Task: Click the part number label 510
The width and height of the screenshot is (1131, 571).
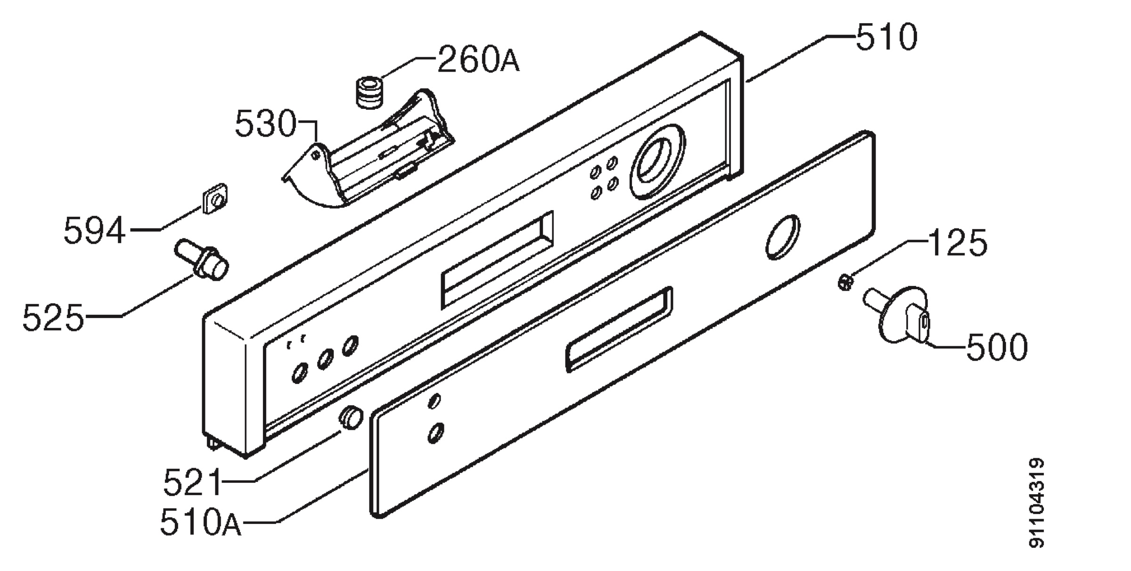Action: [x=886, y=37]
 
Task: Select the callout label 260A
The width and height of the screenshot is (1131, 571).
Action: [x=478, y=59]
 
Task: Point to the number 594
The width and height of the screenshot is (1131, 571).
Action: [x=95, y=230]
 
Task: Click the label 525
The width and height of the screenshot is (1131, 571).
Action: [x=53, y=317]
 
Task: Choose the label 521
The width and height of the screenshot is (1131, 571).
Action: [x=192, y=482]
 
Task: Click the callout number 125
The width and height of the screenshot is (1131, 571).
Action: [x=957, y=243]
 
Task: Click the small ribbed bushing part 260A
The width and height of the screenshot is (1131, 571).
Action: [x=368, y=93]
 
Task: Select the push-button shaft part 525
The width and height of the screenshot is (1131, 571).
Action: [x=202, y=261]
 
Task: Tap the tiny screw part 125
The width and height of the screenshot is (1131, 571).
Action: [x=846, y=283]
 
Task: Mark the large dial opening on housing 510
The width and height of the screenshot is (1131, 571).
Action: [x=656, y=161]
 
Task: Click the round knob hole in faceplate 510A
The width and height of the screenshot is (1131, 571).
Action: [x=783, y=237]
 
